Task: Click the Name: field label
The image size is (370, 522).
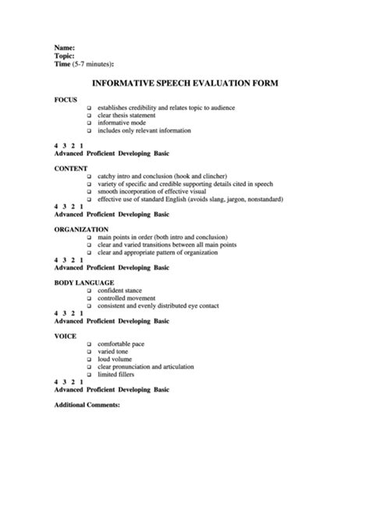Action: pyautogui.click(x=65, y=48)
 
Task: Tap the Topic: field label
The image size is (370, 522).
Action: pyautogui.click(x=65, y=55)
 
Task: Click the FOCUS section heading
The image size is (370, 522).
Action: pyautogui.click(x=66, y=100)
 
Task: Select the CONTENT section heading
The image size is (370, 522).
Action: pyautogui.click(x=71, y=168)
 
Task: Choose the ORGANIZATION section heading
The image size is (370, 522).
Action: pyautogui.click(x=81, y=229)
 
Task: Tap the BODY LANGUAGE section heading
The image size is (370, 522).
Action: pyautogui.click(x=84, y=282)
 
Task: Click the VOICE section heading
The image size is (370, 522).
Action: pyautogui.click(x=66, y=335)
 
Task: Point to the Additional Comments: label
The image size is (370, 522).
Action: pyautogui.click(x=87, y=405)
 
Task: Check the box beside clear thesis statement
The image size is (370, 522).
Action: pyautogui.click(x=90, y=115)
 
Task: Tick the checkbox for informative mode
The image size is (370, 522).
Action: pyautogui.click(x=90, y=123)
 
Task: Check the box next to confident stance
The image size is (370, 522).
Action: pyautogui.click(x=90, y=290)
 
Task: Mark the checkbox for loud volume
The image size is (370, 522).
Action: pyautogui.click(x=90, y=359)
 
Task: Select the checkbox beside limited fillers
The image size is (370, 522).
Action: pyautogui.click(x=90, y=375)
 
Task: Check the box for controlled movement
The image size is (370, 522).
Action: pyautogui.click(x=90, y=298)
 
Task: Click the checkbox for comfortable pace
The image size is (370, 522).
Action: pyautogui.click(x=90, y=344)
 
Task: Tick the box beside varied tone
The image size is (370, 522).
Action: pyautogui.click(x=90, y=352)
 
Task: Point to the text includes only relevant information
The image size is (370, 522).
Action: pyautogui.click(x=145, y=131)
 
